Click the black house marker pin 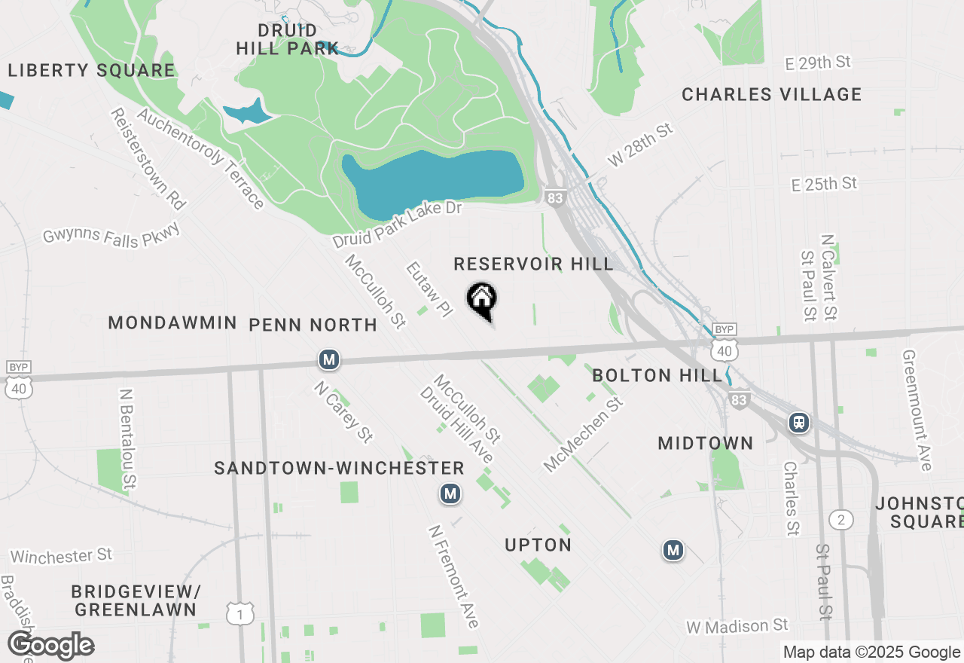click(x=482, y=299)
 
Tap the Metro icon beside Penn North click(x=328, y=359)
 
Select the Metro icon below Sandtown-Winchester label click(x=450, y=493)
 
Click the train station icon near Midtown click(x=799, y=422)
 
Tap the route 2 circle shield click(x=841, y=519)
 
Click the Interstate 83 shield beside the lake click(x=554, y=197)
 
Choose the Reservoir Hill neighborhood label click(x=533, y=264)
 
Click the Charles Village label click(x=771, y=94)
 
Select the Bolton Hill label click(x=657, y=375)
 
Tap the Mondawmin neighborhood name click(x=172, y=322)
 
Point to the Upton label click(x=538, y=545)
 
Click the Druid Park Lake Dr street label click(x=397, y=225)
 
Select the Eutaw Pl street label click(x=428, y=289)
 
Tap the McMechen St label click(x=584, y=435)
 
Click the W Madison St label click(x=737, y=626)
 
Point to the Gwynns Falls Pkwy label click(x=111, y=235)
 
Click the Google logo click(x=50, y=646)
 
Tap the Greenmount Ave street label click(x=918, y=411)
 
